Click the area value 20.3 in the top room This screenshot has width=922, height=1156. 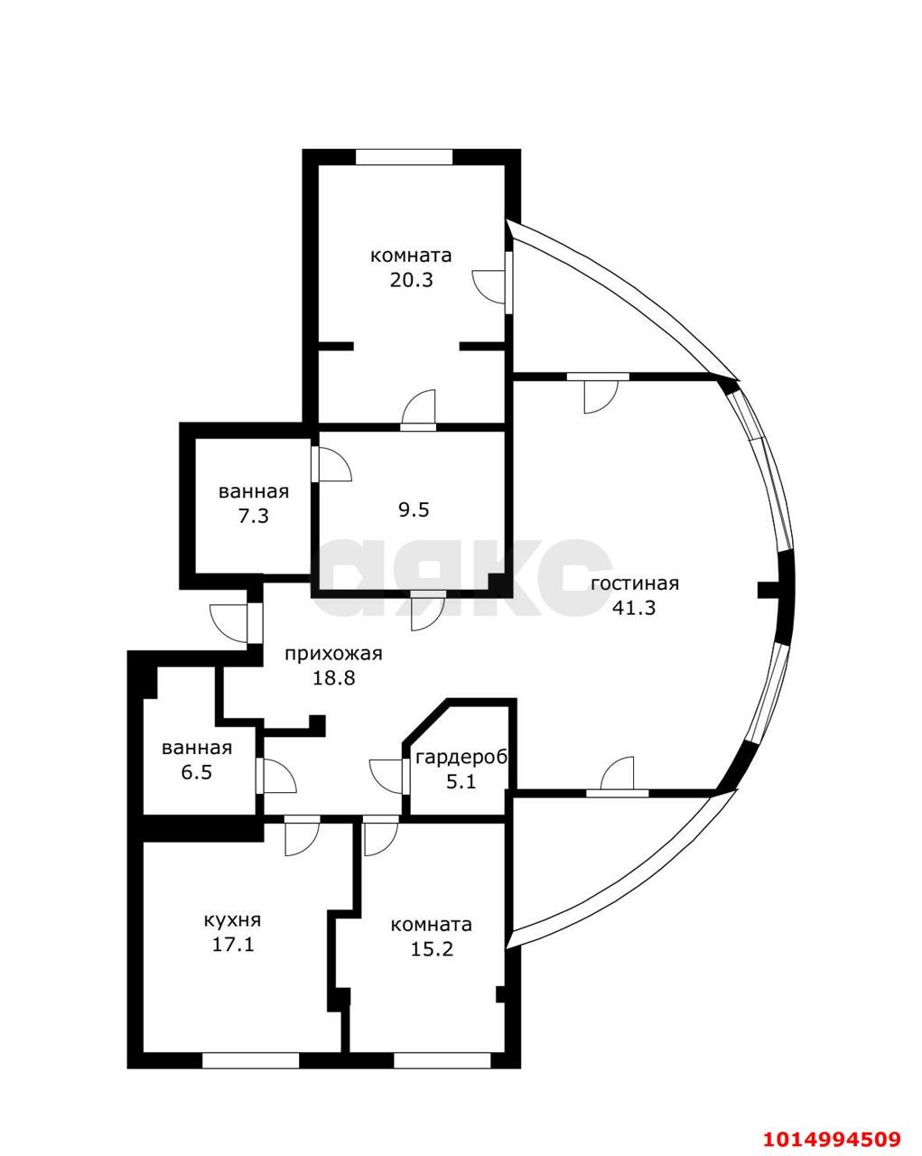point(411,280)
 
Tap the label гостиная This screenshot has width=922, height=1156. point(634,583)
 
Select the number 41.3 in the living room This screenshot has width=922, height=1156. point(634,608)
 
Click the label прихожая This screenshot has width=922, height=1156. point(333,654)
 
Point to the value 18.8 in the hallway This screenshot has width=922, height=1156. point(333,678)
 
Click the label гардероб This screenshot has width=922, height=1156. point(461,757)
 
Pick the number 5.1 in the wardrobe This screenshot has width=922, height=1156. point(461,781)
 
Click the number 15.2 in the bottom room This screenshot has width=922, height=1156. point(431,949)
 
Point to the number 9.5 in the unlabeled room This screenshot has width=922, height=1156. point(414,510)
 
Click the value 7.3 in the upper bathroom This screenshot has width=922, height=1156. point(253,517)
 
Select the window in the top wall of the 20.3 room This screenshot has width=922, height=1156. point(404,157)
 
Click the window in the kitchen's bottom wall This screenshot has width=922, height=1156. point(250,1061)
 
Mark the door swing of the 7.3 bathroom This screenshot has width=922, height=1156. point(333,464)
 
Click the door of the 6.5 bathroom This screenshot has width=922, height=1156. point(276,776)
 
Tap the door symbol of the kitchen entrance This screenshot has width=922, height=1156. point(301,835)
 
